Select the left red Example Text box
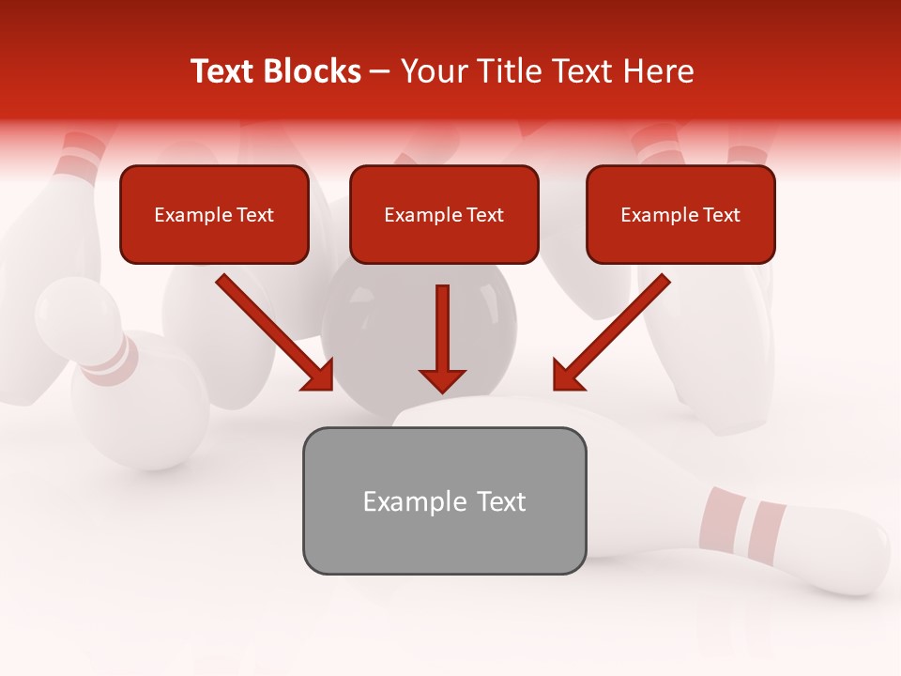point(214,214)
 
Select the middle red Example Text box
point(444,214)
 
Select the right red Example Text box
point(680,214)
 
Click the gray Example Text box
point(444,500)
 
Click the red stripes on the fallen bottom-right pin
point(741,522)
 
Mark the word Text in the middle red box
point(484,215)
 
